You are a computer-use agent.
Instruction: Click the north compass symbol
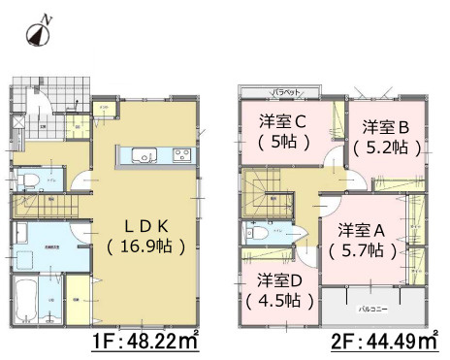[x=37, y=33]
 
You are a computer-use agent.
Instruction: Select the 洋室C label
[x=283, y=122]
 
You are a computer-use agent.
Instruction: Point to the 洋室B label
[x=386, y=127]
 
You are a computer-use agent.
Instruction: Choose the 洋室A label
[x=363, y=230]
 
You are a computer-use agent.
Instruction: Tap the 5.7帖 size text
[x=363, y=251]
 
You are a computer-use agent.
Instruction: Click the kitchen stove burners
[x=181, y=154]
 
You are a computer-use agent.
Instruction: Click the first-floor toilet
[x=28, y=180]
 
